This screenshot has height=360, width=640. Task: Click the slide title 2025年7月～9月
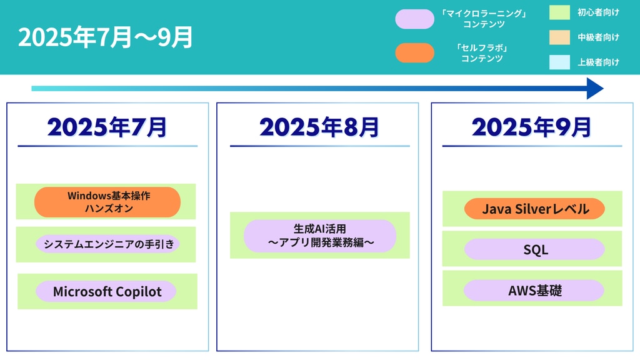tap(105, 37)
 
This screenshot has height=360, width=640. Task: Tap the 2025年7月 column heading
tap(107, 127)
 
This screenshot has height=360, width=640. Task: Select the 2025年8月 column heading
tap(319, 127)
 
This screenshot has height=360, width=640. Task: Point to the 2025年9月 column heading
tap(532, 127)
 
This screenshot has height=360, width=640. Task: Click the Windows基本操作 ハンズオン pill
tap(107, 202)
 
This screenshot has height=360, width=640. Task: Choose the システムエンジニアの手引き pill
tap(107, 244)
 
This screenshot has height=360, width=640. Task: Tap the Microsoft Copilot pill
tap(106, 291)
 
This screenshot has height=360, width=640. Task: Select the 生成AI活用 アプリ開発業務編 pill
tap(320, 236)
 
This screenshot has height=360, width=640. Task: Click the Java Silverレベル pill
tap(535, 209)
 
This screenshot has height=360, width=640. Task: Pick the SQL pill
tap(535, 249)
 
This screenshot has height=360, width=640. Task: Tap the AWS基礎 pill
tap(534, 290)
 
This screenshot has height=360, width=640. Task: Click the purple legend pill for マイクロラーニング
tap(415, 19)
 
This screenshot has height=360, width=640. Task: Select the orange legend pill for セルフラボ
tap(415, 52)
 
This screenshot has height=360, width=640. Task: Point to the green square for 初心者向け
tap(559, 12)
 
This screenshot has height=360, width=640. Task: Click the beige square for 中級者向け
tap(559, 37)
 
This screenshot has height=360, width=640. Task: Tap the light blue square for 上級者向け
tap(559, 62)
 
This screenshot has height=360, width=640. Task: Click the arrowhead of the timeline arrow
tap(596, 89)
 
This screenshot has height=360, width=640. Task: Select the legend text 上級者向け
tap(598, 62)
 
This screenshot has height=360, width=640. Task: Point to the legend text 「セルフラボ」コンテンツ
tap(482, 53)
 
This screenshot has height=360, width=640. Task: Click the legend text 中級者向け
tap(598, 37)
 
